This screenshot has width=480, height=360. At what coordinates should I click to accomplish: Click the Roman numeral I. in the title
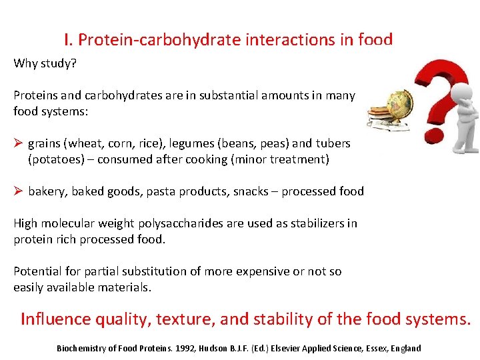69,40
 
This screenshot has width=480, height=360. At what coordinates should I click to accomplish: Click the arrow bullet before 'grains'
19,143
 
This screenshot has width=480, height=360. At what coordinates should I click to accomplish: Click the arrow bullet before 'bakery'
19,191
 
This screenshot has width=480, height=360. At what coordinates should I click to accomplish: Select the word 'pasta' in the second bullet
163,191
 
